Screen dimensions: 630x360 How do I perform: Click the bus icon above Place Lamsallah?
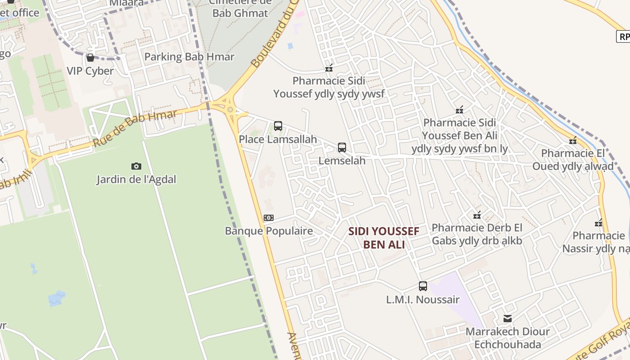point(278,126)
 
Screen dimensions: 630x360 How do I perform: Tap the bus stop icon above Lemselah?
point(342,147)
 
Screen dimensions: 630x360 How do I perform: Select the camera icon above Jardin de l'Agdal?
point(136,166)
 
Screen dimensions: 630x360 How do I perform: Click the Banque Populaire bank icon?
point(269,218)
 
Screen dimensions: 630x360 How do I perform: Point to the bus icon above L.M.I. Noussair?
point(423,286)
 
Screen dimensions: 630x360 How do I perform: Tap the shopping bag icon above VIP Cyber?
point(90,58)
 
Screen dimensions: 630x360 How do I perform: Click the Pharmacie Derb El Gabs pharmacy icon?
point(477,215)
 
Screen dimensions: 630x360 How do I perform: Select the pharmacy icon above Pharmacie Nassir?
point(598,222)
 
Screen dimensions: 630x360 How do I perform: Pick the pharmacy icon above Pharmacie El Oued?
point(573,140)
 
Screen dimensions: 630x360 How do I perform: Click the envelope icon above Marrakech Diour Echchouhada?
point(508,319)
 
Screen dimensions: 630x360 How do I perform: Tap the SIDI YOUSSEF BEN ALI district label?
point(384,238)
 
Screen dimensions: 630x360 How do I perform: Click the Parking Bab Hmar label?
point(189,57)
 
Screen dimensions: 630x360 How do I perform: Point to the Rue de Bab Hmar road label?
point(135,128)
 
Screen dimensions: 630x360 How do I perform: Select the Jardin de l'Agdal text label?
point(136,180)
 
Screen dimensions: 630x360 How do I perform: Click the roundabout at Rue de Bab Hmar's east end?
point(230,109)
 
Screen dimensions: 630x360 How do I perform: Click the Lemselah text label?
point(342,161)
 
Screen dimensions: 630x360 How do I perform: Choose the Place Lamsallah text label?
point(278,139)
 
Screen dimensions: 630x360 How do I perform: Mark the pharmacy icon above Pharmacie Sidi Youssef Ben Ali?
point(459,109)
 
